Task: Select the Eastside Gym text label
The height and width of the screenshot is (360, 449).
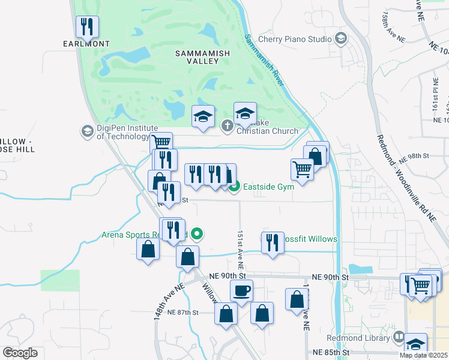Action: [x=269, y=187]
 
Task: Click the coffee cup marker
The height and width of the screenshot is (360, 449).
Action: [x=242, y=291]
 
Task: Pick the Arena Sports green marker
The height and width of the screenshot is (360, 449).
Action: [x=196, y=235]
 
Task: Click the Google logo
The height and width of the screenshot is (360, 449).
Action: [x=20, y=353]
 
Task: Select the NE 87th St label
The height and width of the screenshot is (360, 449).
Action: [x=182, y=313]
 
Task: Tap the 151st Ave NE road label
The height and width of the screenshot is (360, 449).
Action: [x=240, y=248]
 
